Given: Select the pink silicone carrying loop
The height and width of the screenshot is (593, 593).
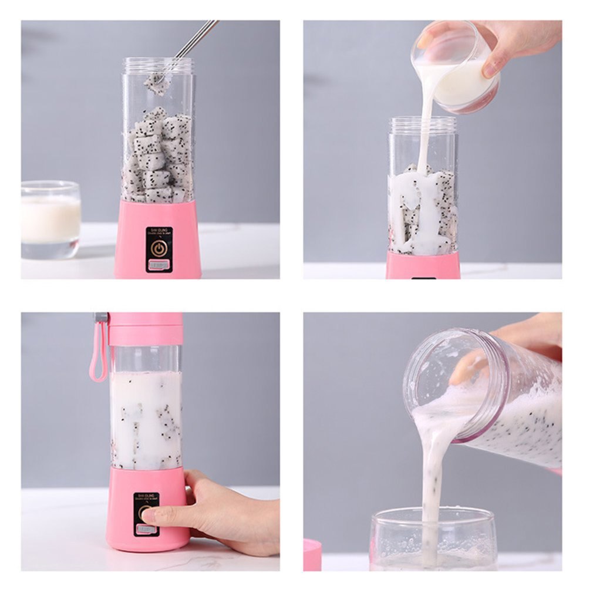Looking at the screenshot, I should tap(98, 352).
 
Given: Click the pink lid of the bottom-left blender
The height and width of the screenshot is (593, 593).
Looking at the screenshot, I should tap(146, 329).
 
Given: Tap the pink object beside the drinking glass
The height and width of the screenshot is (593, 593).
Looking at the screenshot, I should tap(312, 555).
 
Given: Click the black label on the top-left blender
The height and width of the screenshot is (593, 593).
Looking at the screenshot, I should tap(159, 250).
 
